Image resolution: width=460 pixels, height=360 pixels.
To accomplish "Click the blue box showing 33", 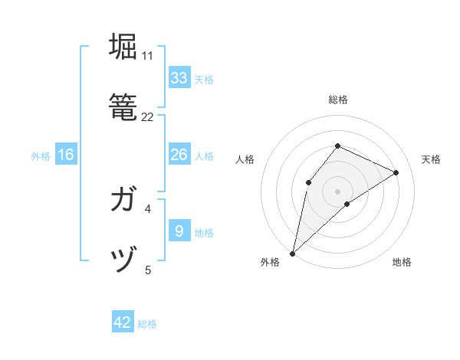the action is [x=179, y=78].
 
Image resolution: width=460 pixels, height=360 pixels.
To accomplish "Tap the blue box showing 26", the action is [x=179, y=155].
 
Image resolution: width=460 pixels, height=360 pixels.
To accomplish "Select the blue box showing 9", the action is [x=179, y=231].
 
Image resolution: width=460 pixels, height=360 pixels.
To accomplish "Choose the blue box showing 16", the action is [x=66, y=155].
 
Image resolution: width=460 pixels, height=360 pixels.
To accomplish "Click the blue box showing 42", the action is [x=123, y=322].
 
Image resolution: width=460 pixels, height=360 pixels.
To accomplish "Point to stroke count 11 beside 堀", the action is [x=147, y=56].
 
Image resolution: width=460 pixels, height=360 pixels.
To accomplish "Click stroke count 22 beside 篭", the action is [x=148, y=117].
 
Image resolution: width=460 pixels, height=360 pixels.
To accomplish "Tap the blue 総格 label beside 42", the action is [x=147, y=324].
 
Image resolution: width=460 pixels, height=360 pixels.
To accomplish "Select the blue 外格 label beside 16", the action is [x=41, y=156].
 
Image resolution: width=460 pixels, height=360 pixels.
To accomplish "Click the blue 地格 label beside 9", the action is [x=204, y=233].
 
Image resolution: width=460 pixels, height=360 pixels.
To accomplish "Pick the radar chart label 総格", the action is [x=337, y=100].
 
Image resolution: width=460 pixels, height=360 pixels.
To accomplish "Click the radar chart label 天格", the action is [x=431, y=159].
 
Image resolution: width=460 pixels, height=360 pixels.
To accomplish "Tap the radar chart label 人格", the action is [x=245, y=159].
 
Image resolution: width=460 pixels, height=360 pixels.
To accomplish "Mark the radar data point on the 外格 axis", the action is [x=292, y=253].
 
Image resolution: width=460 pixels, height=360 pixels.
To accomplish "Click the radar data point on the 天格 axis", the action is [x=396, y=172].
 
